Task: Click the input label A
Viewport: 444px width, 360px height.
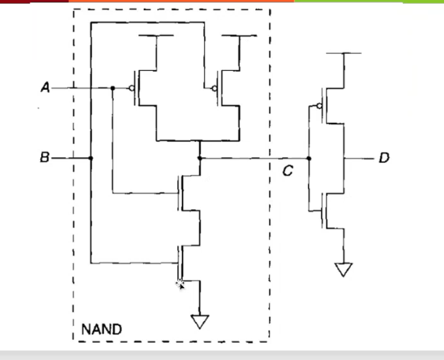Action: tap(44, 88)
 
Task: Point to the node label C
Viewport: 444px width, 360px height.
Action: tap(288, 171)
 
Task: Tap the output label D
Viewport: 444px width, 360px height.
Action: tap(384, 157)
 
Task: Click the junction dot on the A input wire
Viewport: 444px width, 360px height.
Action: tap(112, 88)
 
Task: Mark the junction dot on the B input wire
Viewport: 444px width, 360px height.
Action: tap(91, 158)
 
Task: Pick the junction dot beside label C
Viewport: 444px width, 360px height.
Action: tap(310, 158)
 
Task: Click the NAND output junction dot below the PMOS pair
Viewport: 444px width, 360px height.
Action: tap(200, 158)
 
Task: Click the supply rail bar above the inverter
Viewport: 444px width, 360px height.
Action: tap(344, 54)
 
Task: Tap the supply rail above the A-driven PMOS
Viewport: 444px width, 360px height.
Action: tap(156, 36)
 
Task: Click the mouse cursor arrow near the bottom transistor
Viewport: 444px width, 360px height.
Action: tap(181, 285)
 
